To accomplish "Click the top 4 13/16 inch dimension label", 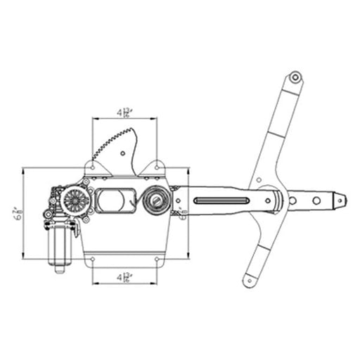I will (x=126, y=112).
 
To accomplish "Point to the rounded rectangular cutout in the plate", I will (x=115, y=201).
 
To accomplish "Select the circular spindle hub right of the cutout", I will (x=155, y=202).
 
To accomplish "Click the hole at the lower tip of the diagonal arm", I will (x=247, y=283).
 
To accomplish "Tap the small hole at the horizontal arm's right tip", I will (x=340, y=200).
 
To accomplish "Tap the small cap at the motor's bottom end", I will (x=58, y=266).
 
